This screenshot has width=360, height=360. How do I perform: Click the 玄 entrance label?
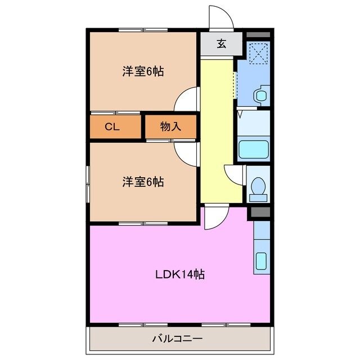(x=221, y=44)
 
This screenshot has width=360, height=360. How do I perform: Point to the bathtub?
(x=253, y=150)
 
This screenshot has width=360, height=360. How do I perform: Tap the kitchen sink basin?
(x=262, y=261)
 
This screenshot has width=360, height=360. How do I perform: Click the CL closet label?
(x=113, y=127)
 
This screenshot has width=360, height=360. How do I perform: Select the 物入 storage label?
(x=170, y=127)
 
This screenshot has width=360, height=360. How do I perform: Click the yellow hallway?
(x=217, y=129)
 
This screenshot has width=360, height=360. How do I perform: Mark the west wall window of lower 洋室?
(x=87, y=183)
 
